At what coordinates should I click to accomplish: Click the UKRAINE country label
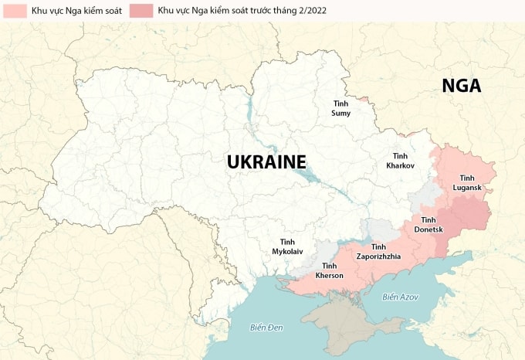266,161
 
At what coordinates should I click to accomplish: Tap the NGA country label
461,86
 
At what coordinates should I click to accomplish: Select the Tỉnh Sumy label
340,108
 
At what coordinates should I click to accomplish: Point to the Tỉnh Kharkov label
400,161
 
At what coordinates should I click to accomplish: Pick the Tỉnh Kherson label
330,270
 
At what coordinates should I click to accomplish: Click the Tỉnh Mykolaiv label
286,246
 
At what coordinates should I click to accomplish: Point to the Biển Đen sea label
267,328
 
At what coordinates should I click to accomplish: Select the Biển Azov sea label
399,297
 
